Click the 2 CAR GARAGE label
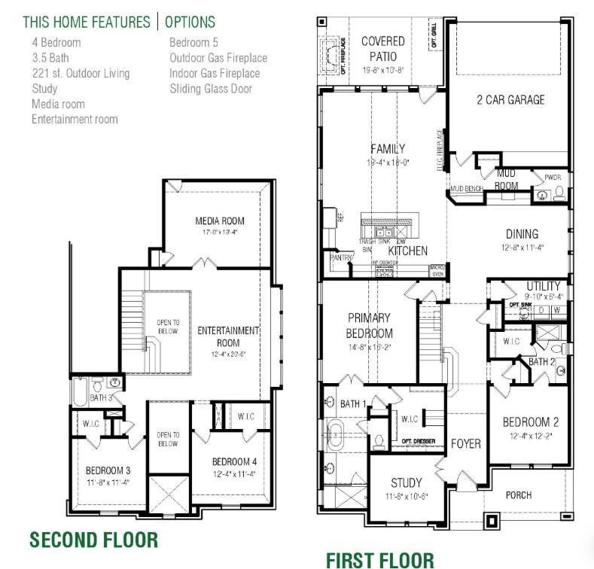(x=510, y=99)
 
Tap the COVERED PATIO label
(x=382, y=48)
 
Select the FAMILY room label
(x=388, y=149)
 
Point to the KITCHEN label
(x=407, y=251)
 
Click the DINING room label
(x=521, y=234)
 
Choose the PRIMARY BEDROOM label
(x=370, y=326)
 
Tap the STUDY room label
(x=406, y=482)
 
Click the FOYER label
(x=465, y=443)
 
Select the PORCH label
(x=518, y=494)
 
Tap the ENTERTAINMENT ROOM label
(x=228, y=336)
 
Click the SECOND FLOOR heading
(x=93, y=540)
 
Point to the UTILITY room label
(x=543, y=286)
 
